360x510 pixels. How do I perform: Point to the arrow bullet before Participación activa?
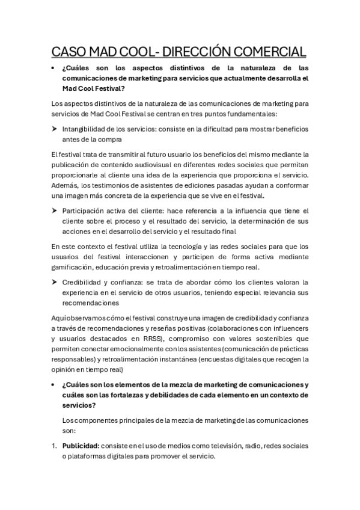[x=54, y=210]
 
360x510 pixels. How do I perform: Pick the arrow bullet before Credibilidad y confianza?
[x=54, y=281]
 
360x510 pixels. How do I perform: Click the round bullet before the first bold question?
[x=54, y=68]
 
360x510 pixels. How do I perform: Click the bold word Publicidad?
[x=81, y=446]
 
